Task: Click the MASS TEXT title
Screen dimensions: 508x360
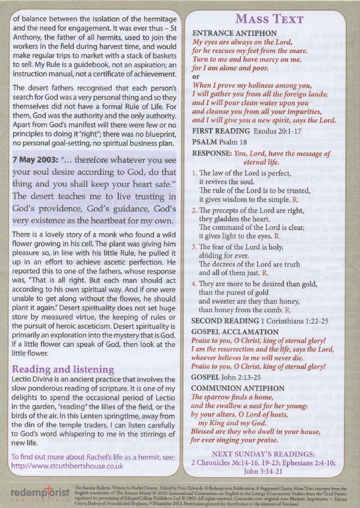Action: [x=269, y=19]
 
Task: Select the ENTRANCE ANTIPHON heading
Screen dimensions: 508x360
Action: [x=234, y=33]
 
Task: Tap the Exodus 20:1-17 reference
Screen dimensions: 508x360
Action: [x=277, y=131]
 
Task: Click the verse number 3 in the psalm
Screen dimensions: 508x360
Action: [x=194, y=247]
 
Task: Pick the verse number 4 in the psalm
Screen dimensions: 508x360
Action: [x=194, y=284]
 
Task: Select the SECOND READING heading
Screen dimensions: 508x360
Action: [x=225, y=321]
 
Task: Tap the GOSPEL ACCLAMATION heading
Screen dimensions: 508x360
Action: [x=235, y=332]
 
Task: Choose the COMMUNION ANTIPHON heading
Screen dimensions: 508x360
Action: [x=238, y=388]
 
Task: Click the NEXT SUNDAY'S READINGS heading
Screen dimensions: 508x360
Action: [x=263, y=454]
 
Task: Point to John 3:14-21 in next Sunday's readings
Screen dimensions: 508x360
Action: [x=263, y=471]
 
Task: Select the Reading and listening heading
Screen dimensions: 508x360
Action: [x=63, y=369]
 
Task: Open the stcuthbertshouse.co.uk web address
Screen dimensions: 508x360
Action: [x=67, y=466]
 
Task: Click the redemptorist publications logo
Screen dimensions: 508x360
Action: [x=40, y=494]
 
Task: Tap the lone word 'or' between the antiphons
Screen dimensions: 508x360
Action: [x=196, y=77]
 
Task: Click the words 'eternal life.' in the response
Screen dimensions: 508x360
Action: [x=267, y=162]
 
